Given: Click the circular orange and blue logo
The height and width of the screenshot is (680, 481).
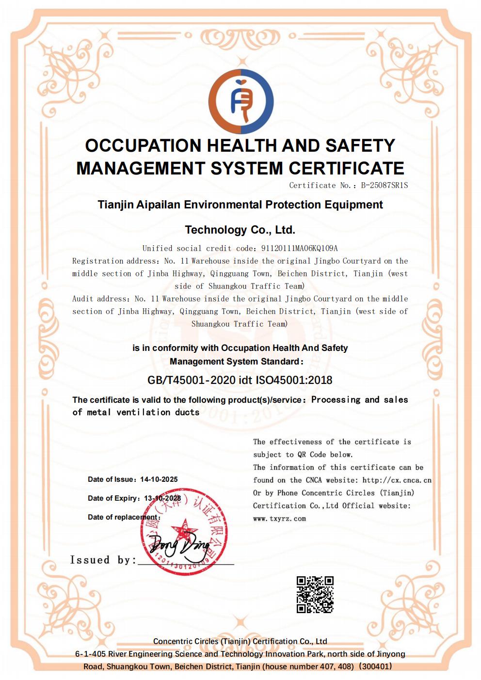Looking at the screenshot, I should pyautogui.click(x=241, y=102).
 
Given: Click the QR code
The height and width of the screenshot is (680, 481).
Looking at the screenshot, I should pyautogui.click(x=315, y=595).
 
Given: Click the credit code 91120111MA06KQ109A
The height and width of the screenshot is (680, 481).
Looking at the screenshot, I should pyautogui.click(x=300, y=248).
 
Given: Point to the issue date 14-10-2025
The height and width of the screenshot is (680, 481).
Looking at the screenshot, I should pyautogui.click(x=159, y=479).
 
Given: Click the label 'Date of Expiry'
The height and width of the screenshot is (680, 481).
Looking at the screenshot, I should pyautogui.click(x=114, y=498).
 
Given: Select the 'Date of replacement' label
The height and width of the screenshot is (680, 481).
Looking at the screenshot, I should pyautogui.click(x=123, y=517).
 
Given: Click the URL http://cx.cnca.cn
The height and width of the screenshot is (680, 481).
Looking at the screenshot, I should pyautogui.click(x=397, y=480).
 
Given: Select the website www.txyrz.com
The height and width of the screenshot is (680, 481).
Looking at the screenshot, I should pyautogui.click(x=279, y=519).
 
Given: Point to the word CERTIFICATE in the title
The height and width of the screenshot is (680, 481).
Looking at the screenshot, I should pyautogui.click(x=346, y=168).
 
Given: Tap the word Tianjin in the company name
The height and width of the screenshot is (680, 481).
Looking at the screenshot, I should pyautogui.click(x=115, y=205).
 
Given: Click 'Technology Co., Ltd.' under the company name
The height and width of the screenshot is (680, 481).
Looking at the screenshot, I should pyautogui.click(x=240, y=230).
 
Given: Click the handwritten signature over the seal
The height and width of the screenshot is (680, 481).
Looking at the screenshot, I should pyautogui.click(x=179, y=545).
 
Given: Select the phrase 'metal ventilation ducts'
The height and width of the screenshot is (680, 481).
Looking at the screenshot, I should pyautogui.click(x=143, y=412).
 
